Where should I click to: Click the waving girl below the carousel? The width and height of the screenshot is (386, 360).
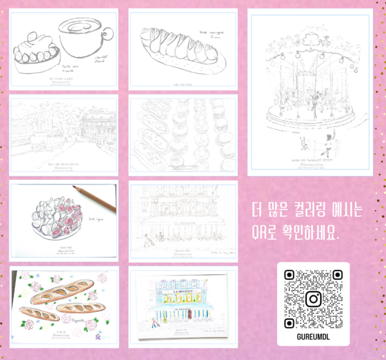tap(328, 143)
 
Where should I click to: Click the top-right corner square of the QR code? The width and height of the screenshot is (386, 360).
tap(337, 275)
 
